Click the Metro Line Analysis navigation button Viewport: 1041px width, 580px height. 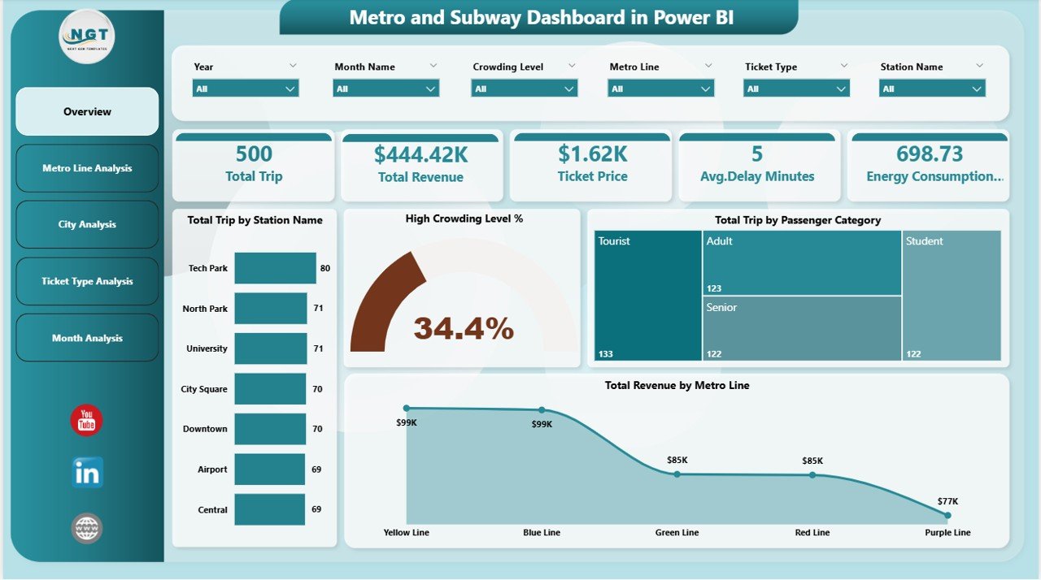click(x=87, y=168)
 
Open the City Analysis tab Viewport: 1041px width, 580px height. click(x=87, y=224)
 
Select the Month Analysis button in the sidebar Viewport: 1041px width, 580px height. click(x=87, y=338)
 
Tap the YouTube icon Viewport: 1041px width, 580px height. click(x=86, y=420)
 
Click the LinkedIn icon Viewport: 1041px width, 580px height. click(x=87, y=472)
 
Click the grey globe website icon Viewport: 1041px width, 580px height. click(x=87, y=528)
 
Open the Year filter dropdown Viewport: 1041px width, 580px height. click(x=246, y=89)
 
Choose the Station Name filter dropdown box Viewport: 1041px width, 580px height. click(x=932, y=89)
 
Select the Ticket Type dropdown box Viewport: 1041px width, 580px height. click(x=796, y=89)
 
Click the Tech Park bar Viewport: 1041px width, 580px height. click(x=275, y=268)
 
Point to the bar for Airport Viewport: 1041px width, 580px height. click(x=270, y=470)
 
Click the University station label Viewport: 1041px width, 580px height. click(x=207, y=348)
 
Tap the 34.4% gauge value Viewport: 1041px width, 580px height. click(x=464, y=328)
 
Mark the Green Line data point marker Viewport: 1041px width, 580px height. click(x=677, y=474)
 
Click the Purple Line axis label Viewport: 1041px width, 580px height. click(x=947, y=532)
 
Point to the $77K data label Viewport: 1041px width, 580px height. click(x=948, y=501)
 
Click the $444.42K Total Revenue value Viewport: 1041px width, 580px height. click(x=420, y=154)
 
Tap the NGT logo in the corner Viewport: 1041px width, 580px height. click(x=87, y=37)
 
